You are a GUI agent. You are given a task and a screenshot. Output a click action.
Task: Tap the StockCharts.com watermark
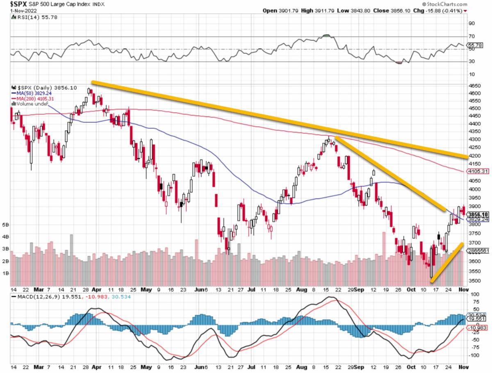(x=468, y=4)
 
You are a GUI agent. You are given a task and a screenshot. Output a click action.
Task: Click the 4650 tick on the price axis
(x=474, y=86)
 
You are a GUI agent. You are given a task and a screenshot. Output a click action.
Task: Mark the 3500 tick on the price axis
(x=474, y=281)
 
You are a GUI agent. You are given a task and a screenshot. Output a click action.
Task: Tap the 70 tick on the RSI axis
(x=471, y=36)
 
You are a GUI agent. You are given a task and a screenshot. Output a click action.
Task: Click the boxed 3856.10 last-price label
(x=478, y=214)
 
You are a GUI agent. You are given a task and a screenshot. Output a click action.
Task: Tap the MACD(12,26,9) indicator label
(x=39, y=297)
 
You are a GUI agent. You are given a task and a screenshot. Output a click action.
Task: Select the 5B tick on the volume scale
(x=6, y=225)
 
